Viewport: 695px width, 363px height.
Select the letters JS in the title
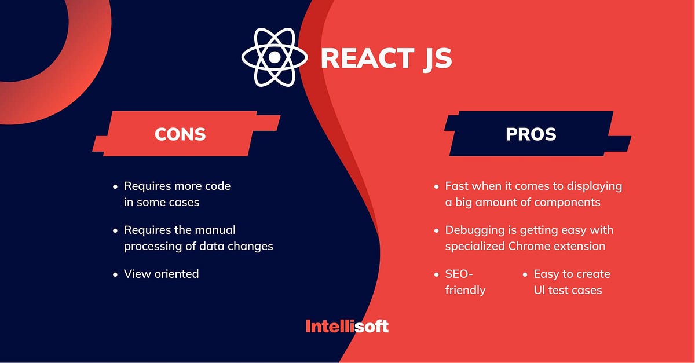click(x=436, y=59)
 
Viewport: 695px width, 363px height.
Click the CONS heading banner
click(x=180, y=134)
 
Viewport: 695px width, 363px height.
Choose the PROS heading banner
click(x=531, y=134)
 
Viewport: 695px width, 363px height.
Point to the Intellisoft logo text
click(x=347, y=326)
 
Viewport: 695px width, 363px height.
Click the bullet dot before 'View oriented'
click(x=115, y=274)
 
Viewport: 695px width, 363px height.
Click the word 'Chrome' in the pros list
click(x=528, y=246)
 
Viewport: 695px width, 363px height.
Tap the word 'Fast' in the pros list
click(x=456, y=186)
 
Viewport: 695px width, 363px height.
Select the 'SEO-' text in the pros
click(x=459, y=274)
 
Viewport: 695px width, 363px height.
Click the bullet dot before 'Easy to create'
click(x=525, y=274)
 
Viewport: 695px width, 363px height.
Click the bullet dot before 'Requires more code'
click(x=115, y=186)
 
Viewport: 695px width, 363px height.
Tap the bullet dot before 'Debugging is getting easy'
click(x=436, y=230)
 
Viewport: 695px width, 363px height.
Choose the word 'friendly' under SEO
click(x=465, y=289)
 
